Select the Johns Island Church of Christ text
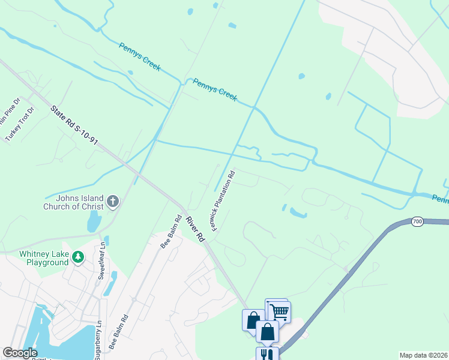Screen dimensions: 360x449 [73, 202]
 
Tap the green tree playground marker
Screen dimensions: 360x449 [77, 257]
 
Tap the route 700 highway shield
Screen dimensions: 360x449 [418, 222]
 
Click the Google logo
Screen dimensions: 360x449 [20, 353]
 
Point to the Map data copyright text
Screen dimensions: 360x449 [423, 355]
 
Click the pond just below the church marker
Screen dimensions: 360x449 [94, 221]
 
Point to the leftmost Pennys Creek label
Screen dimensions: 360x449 [139, 57]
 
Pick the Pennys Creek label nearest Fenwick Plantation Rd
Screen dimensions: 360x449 [215, 89]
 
